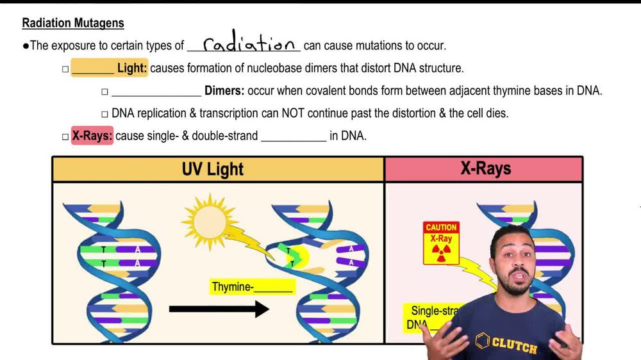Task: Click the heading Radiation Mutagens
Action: tap(72, 23)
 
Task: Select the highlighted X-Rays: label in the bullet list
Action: tap(92, 136)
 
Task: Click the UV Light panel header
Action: tap(213, 169)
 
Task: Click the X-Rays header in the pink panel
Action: tap(485, 168)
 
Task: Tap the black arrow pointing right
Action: tap(219, 309)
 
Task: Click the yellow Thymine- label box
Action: tap(253, 287)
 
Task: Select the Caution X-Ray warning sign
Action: tap(441, 243)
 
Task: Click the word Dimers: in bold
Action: tap(224, 91)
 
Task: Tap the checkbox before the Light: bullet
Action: tap(65, 69)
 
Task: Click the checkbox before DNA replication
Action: tap(104, 114)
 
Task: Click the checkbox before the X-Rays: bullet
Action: tap(65, 136)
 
